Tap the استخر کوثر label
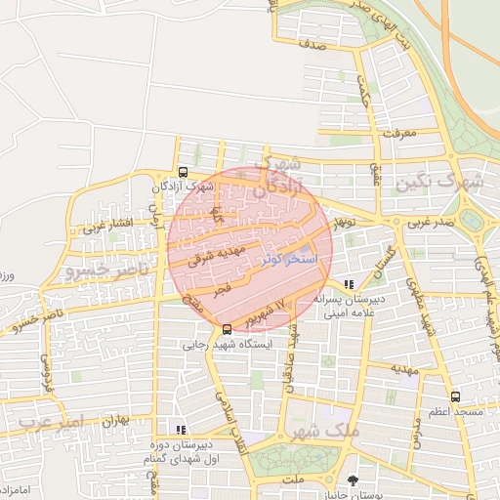coord(286,261)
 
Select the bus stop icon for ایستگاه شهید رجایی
coord(228,329)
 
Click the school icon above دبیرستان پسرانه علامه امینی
coord(350,285)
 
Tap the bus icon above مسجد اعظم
coord(456,396)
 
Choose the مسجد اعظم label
coord(453,412)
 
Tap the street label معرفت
coord(401,132)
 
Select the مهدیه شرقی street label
coord(206,256)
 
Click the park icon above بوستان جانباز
coord(353,479)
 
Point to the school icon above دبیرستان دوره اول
coord(179,429)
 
